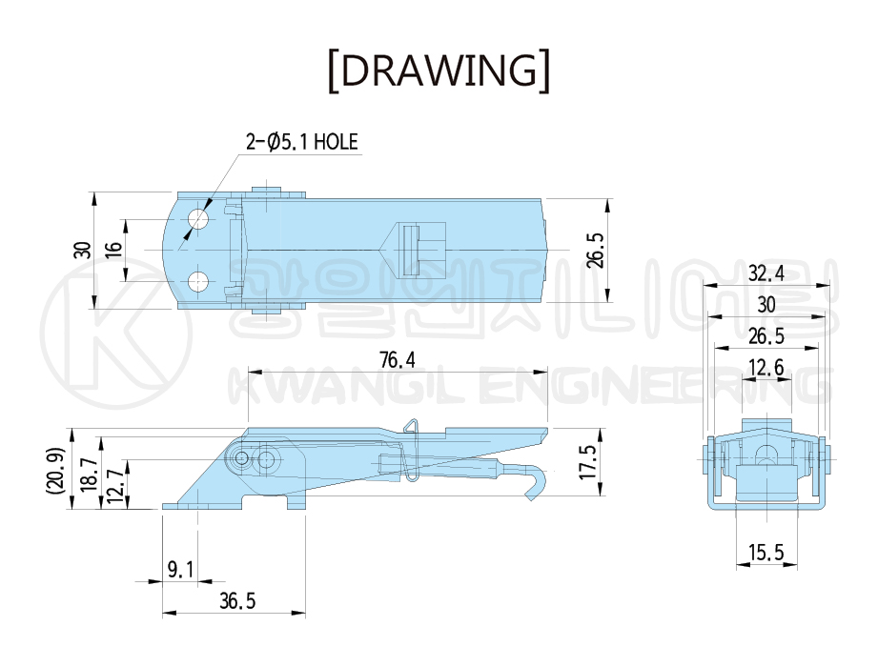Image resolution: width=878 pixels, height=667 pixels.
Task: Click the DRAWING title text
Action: (x=439, y=71)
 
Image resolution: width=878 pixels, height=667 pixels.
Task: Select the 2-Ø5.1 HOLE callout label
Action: (x=302, y=142)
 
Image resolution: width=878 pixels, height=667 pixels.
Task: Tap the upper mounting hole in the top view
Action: (x=198, y=219)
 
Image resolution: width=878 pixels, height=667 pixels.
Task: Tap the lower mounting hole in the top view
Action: (x=198, y=282)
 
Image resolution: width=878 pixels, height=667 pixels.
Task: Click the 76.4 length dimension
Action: (x=398, y=360)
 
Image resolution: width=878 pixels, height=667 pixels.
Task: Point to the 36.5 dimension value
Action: (x=237, y=601)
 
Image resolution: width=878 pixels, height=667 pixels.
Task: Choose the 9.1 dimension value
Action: (x=181, y=570)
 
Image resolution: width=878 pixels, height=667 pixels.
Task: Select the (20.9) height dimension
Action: (x=57, y=470)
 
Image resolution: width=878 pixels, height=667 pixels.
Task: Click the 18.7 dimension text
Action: (x=90, y=474)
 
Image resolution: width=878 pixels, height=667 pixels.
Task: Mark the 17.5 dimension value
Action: (x=588, y=462)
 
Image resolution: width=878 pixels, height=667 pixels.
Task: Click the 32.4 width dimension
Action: (x=766, y=273)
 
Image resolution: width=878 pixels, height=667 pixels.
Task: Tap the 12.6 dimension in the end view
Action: (x=766, y=368)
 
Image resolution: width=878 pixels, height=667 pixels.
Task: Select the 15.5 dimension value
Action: (x=766, y=553)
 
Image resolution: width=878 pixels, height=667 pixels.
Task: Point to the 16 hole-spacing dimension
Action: (x=113, y=250)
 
